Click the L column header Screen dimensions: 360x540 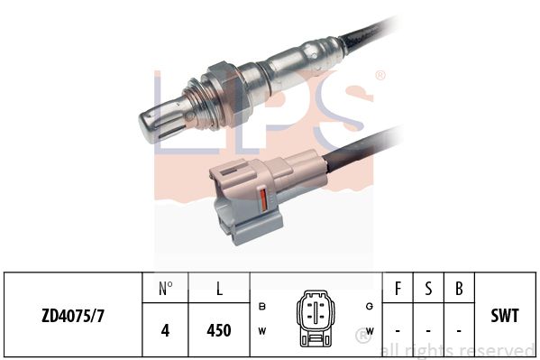[218, 290]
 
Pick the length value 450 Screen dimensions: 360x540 [218, 330]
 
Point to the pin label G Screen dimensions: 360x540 [371, 306]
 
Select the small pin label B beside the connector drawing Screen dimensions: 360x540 [262, 306]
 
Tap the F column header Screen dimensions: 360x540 [398, 290]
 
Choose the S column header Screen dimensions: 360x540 [428, 290]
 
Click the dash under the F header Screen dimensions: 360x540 [398, 330]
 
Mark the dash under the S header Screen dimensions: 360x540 [428, 330]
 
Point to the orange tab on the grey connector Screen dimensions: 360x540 [262, 203]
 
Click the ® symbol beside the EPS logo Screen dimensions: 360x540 [380, 76]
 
